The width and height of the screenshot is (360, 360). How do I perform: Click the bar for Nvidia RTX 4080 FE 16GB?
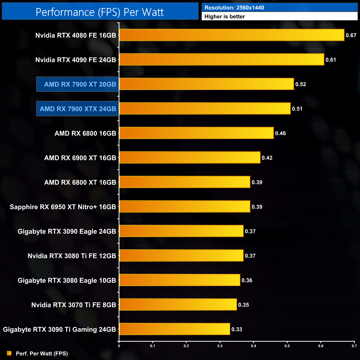pos(232,35)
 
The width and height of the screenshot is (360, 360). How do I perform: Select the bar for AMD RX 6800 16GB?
pos(196,133)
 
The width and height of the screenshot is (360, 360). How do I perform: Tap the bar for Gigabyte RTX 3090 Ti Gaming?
pos(174,329)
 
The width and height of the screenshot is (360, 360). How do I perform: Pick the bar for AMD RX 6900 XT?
pos(190,158)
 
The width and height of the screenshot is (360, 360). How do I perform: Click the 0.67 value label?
pos(351,35)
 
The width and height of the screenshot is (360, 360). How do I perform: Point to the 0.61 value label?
pos(331,60)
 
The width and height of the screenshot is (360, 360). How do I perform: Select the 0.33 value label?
pos(237,329)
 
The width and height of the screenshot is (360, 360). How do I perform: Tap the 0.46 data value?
pos(280,133)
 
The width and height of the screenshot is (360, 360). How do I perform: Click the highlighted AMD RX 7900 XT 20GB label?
pos(80,84)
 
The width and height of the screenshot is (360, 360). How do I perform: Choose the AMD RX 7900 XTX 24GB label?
pos(78,109)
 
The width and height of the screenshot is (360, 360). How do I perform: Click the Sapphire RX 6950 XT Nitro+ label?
pos(63,207)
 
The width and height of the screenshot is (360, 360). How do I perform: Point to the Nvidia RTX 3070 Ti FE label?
pos(73,305)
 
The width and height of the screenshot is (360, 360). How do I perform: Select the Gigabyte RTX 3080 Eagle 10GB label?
pos(67,281)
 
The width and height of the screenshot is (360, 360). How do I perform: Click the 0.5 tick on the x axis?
pos(287,346)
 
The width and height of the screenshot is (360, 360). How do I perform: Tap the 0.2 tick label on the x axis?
pos(186,346)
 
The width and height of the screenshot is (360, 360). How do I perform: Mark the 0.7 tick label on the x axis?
pos(354,346)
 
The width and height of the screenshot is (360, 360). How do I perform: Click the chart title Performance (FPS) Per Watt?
pos(100,12)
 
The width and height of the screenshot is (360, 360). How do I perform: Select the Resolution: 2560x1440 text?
pos(234,8)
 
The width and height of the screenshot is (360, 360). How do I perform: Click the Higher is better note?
pos(225,17)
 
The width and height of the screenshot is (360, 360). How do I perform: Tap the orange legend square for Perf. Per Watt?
pos(9,353)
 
